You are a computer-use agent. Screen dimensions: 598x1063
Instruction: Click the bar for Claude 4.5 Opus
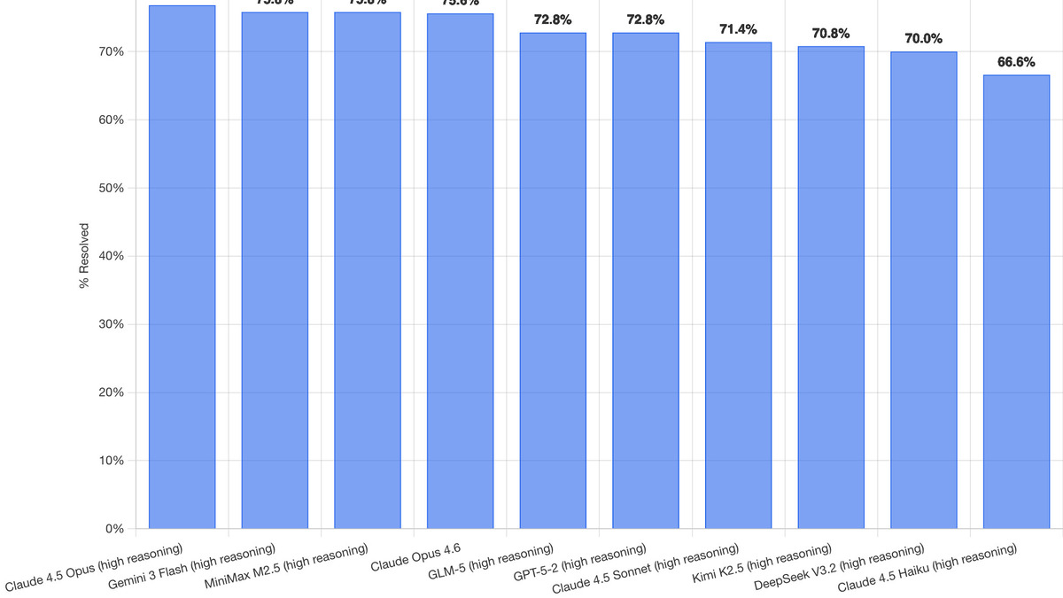(182, 266)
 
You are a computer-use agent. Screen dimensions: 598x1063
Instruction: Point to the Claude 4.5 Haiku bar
(1016, 301)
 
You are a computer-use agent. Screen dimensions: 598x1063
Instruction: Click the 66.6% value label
(1016, 62)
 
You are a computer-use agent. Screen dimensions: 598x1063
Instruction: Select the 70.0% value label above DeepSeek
(923, 39)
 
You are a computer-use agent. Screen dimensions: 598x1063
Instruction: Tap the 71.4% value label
(738, 29)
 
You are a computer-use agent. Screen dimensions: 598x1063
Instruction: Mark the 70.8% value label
(831, 34)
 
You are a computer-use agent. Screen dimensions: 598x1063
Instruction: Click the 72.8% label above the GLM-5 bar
(553, 19)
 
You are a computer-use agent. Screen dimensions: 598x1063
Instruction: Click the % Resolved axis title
(84, 256)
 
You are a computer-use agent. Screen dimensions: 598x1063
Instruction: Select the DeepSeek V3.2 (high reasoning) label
(839, 568)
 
